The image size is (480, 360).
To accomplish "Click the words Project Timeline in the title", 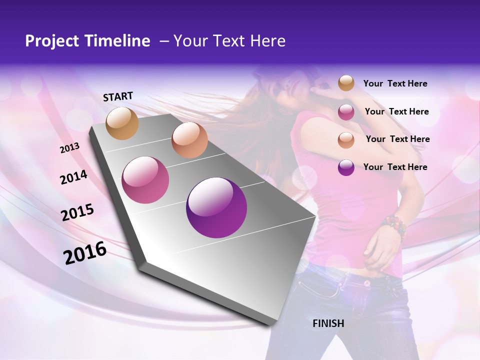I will [x=87, y=41].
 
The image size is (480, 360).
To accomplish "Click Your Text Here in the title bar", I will [x=229, y=41].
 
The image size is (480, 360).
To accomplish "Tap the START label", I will [x=118, y=96].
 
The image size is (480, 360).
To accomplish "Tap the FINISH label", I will [x=328, y=323].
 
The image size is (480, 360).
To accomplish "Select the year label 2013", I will [x=69, y=148].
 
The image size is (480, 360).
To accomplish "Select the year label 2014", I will [x=73, y=177].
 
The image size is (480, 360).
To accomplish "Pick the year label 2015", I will [x=77, y=212].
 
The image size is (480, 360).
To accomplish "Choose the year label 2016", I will [x=84, y=253].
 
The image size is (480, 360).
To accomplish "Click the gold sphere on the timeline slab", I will [x=122, y=123].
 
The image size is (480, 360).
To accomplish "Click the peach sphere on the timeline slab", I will [x=189, y=140].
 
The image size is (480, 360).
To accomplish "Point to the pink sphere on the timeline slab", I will [x=145, y=180].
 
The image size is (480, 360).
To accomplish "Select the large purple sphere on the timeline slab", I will [x=216, y=207].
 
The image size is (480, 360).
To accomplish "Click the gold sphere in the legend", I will [x=346, y=83].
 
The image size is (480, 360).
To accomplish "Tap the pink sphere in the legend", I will [x=346, y=112].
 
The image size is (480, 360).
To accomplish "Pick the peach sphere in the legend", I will [x=346, y=140].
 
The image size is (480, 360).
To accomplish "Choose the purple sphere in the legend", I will [x=346, y=167].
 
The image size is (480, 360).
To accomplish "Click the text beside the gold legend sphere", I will [x=395, y=83].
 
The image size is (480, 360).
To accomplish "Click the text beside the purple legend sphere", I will [x=395, y=167].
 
